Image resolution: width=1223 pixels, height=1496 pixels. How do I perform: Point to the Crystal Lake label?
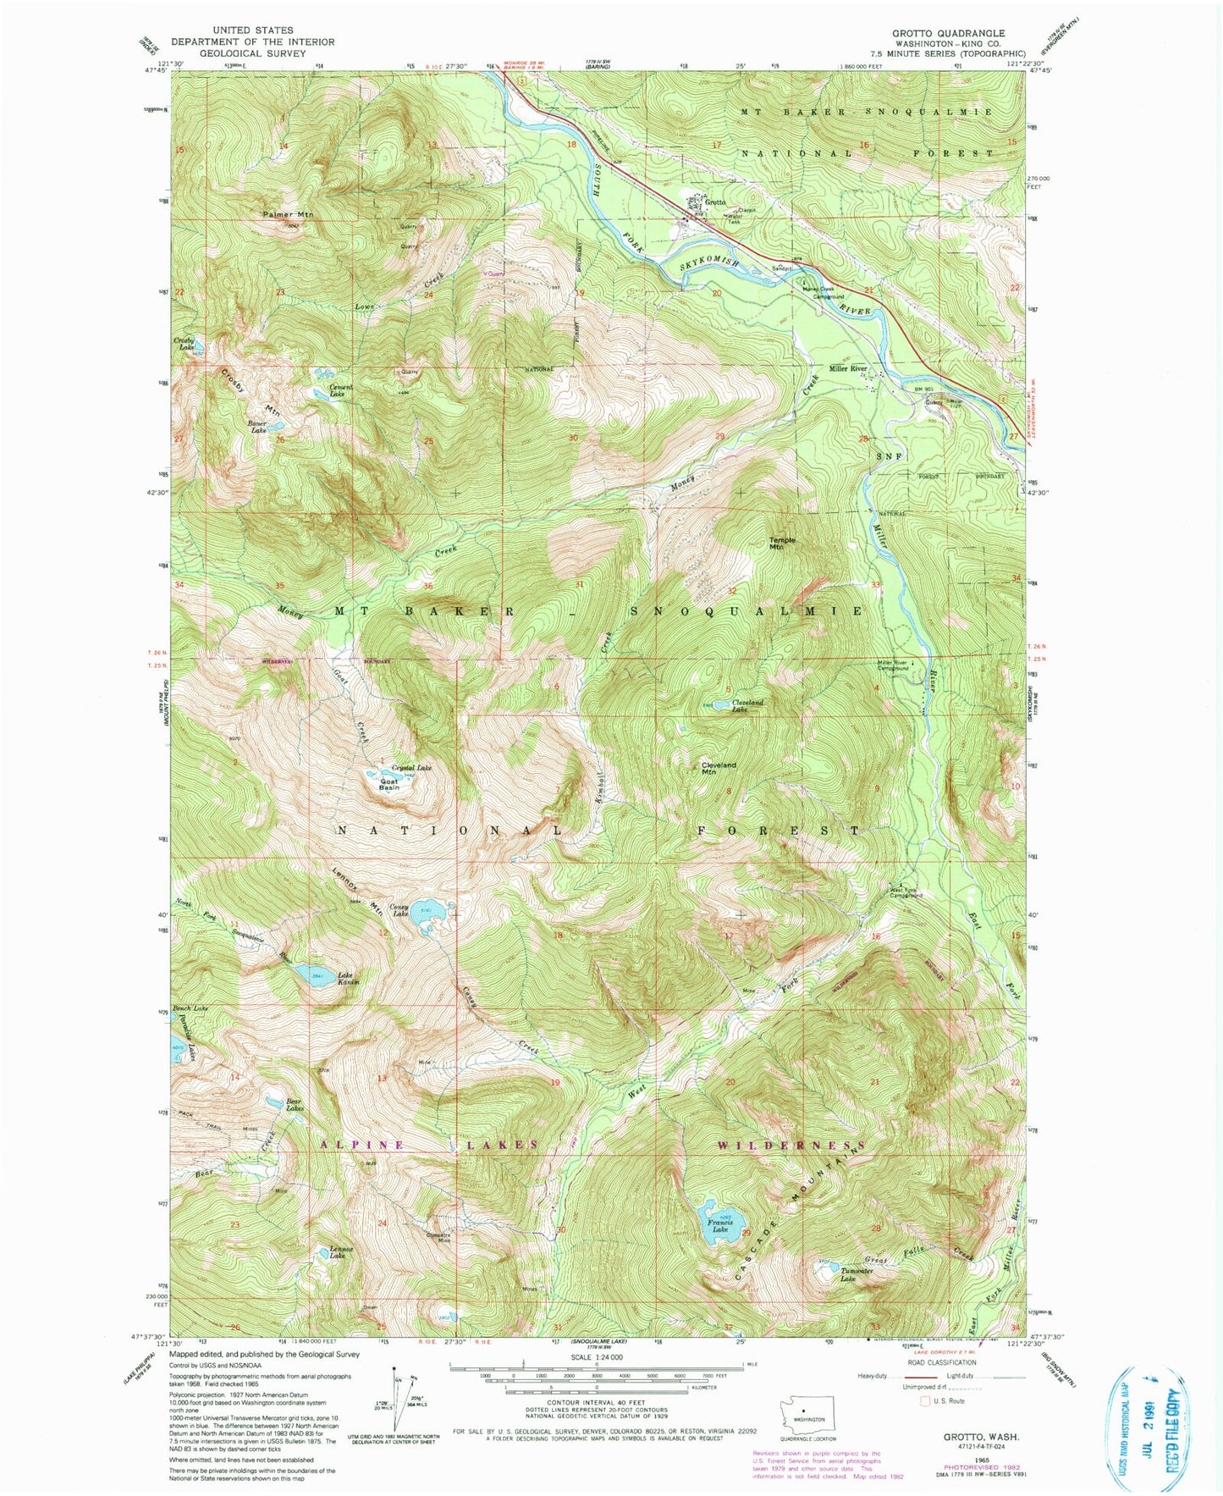(x=411, y=767)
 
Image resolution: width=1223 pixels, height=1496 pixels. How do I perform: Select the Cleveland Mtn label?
(x=719, y=768)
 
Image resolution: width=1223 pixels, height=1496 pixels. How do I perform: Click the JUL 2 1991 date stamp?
(x=1161, y=1419)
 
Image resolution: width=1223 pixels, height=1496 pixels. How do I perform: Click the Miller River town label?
(x=848, y=368)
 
